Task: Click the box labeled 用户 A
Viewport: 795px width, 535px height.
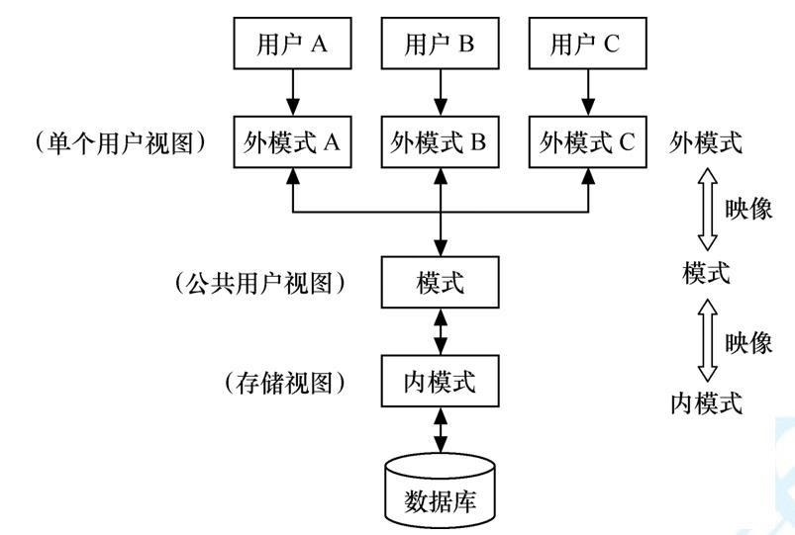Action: [292, 45]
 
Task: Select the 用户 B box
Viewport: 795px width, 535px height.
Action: [441, 45]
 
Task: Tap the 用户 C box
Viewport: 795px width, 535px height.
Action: [588, 45]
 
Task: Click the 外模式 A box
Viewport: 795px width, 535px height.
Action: [292, 141]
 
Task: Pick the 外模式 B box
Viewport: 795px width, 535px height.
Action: [441, 141]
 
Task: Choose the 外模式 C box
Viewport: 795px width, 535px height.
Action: [588, 141]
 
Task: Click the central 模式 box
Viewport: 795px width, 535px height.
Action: [441, 283]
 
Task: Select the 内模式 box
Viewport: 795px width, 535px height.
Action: [441, 381]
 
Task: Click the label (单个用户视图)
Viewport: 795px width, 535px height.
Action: [121, 142]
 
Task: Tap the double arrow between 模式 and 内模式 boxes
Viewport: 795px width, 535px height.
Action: [441, 332]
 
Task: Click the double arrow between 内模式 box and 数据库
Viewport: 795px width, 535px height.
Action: [441, 430]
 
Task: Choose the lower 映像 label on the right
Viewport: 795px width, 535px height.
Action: [748, 342]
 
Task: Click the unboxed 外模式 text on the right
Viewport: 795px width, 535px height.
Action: [706, 142]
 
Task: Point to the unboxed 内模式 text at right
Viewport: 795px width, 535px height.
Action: [706, 402]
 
